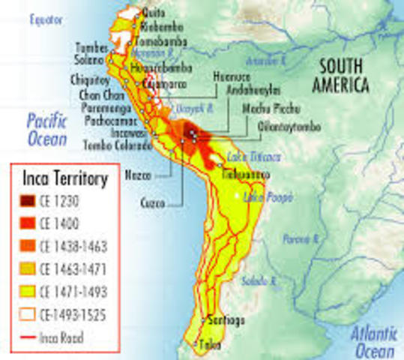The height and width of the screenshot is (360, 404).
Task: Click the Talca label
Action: (x=208, y=346)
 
